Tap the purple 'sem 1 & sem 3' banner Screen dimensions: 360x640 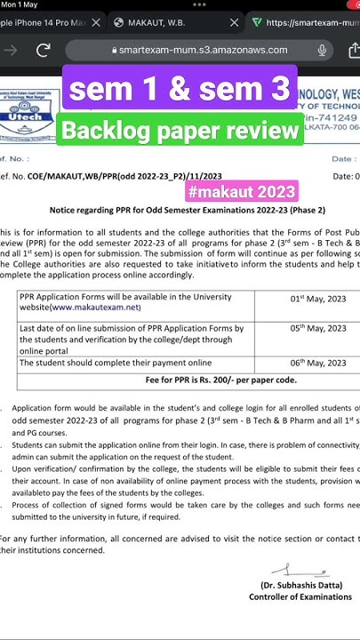(180, 89)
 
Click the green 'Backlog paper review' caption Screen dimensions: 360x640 (180, 132)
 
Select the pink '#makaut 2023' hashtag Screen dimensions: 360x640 (241, 192)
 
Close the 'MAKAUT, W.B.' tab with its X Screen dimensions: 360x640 (235, 22)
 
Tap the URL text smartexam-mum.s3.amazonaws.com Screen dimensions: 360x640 (203, 50)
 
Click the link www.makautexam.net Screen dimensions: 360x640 (96, 308)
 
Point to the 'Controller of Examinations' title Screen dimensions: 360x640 (300, 597)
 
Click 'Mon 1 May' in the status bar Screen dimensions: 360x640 (20, 5)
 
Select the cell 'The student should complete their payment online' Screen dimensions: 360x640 (116, 363)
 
